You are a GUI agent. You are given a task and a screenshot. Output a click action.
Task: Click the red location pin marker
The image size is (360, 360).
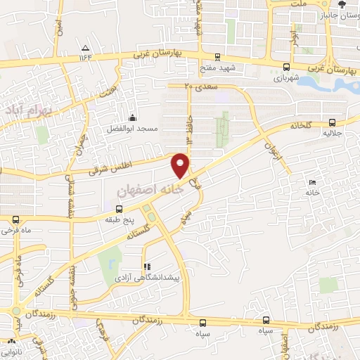click(181, 165)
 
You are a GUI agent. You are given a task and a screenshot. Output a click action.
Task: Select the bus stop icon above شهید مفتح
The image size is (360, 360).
click(217, 58)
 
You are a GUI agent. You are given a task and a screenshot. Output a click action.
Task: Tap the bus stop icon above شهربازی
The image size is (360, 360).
click(285, 67)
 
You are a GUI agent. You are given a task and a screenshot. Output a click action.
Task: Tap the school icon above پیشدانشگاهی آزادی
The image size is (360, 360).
click(147, 267)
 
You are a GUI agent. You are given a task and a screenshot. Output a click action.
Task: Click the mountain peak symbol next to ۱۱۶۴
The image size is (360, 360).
click(85, 49)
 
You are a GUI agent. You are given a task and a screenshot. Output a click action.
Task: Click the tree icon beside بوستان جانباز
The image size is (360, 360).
click(342, 4)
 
